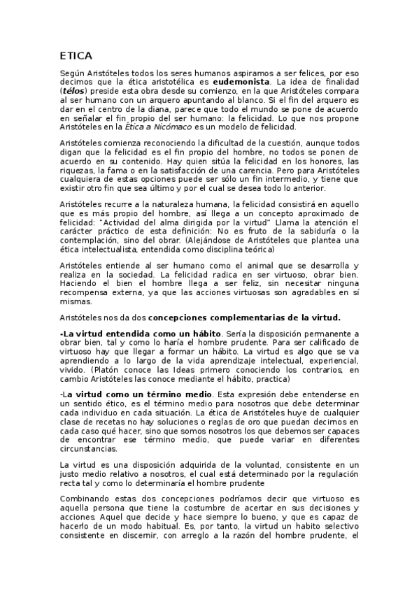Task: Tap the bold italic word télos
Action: click(73, 91)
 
